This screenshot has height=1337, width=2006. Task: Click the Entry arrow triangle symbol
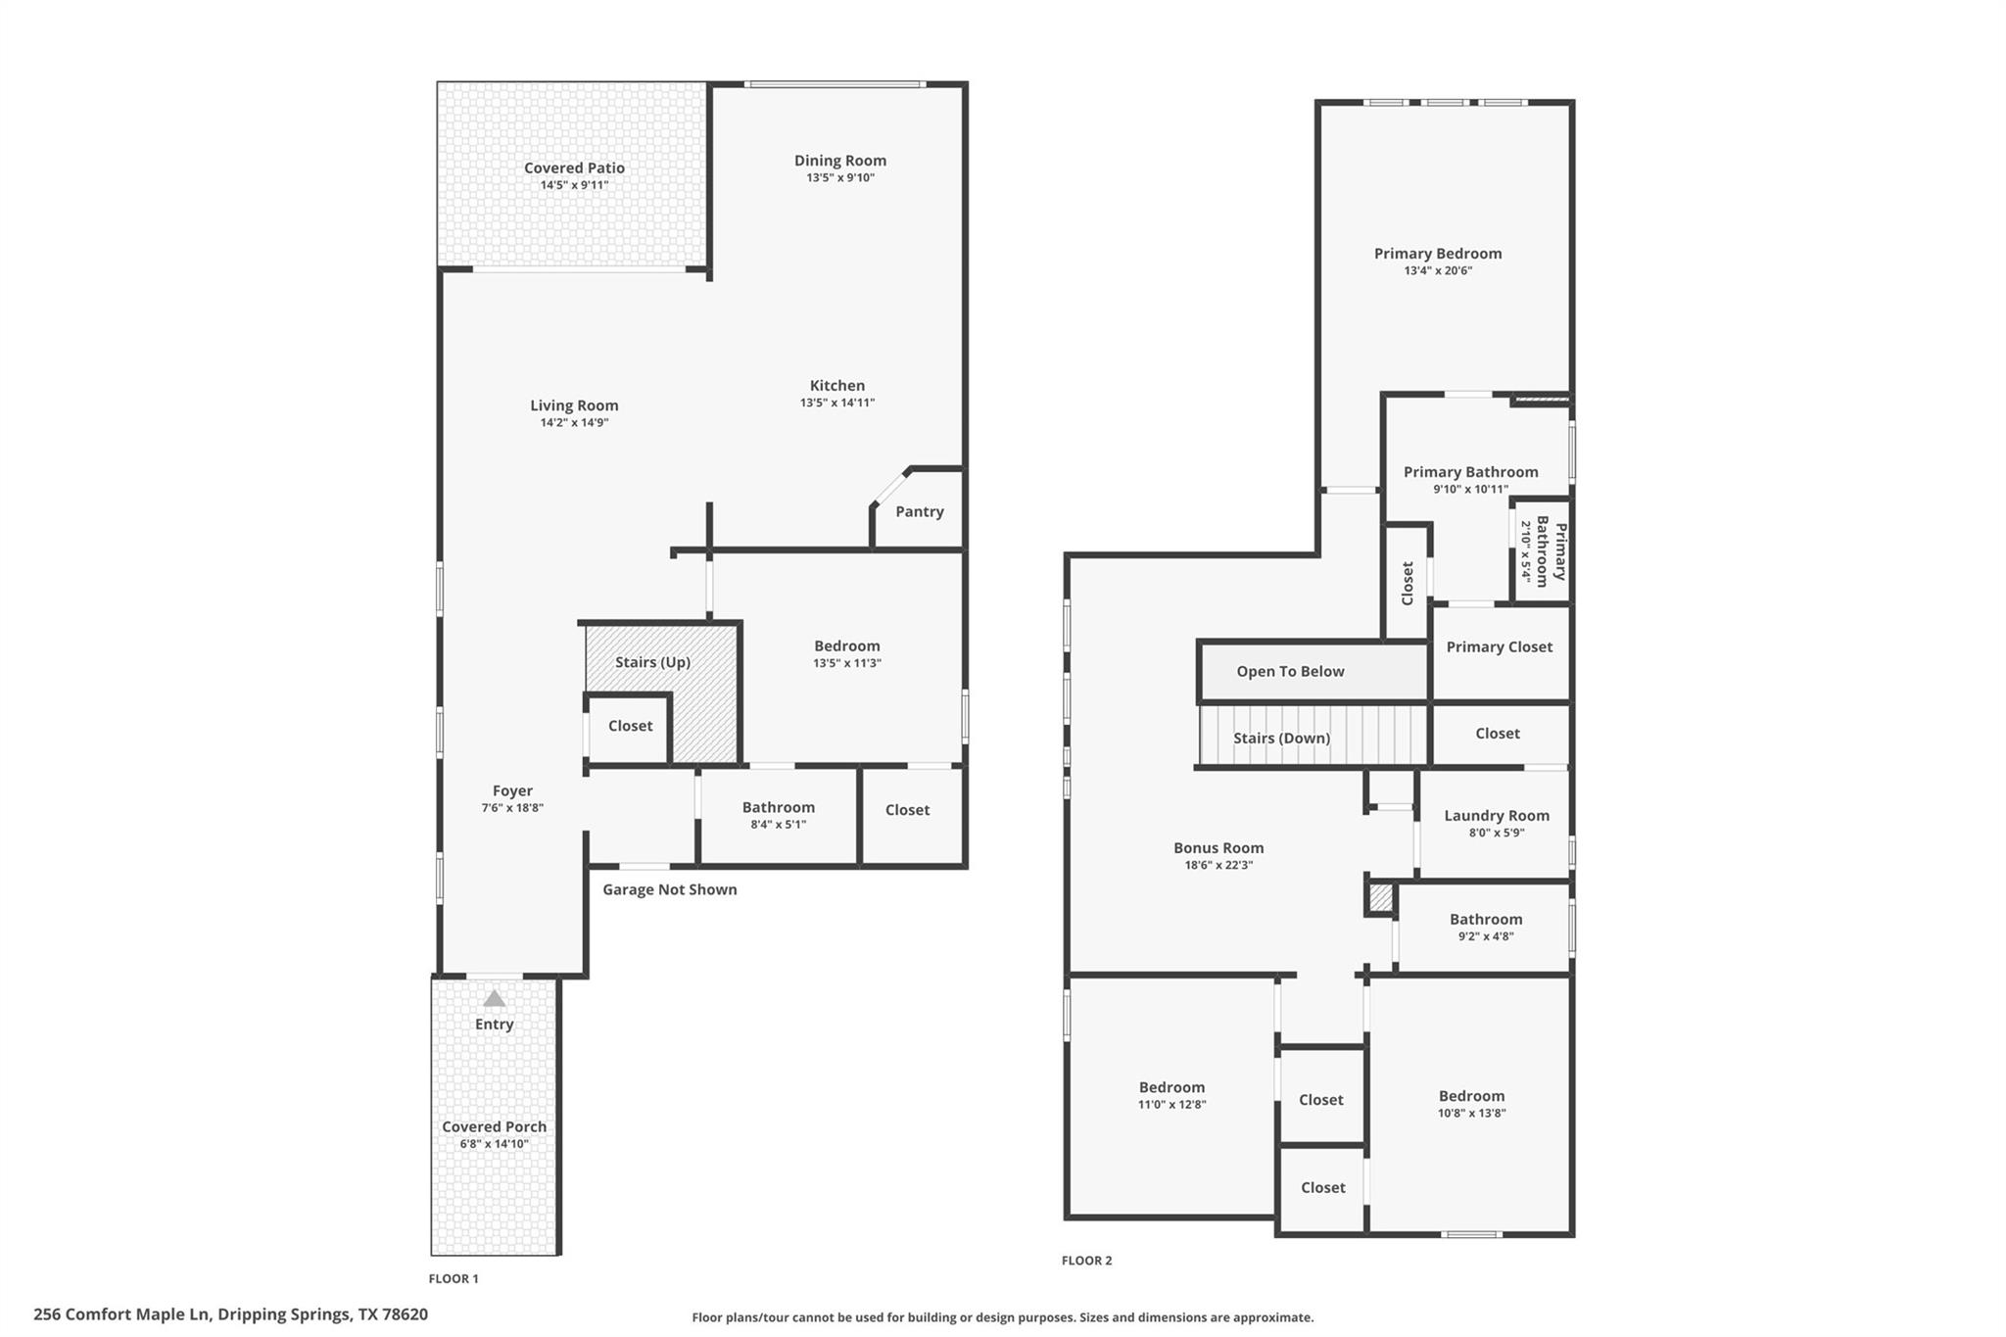point(495,999)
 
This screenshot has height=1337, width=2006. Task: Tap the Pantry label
point(919,511)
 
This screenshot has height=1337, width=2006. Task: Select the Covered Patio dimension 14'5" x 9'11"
point(574,185)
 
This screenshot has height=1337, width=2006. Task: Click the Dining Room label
point(839,161)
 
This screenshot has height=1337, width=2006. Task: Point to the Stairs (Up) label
point(652,662)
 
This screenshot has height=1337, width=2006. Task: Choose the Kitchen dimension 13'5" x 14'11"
point(836,403)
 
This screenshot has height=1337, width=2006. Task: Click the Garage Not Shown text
point(669,889)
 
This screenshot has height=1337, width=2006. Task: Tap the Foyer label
point(512,790)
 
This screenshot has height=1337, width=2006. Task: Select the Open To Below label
point(1290,671)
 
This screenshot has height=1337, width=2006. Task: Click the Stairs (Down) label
point(1281,738)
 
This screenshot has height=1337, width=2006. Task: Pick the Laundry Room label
point(1496,815)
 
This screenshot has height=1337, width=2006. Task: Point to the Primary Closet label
point(1499,646)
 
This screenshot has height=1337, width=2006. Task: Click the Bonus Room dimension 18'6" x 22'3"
point(1218,865)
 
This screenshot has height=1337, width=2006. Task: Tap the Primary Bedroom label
point(1437,254)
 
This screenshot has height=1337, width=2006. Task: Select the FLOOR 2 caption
point(1086,1261)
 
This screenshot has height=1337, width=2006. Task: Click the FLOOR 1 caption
point(454,1278)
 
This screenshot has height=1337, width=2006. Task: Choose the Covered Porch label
point(494,1126)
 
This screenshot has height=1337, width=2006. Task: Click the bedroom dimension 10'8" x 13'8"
point(1471,1113)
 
